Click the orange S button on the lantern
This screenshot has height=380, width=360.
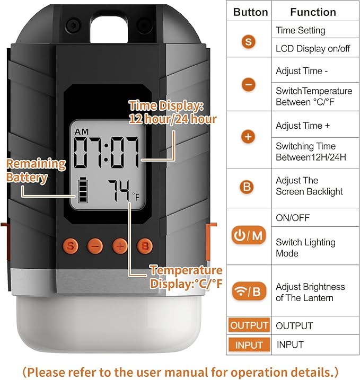click(71, 245)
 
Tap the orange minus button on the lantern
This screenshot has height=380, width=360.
click(95, 245)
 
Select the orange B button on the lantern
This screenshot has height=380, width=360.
click(144, 245)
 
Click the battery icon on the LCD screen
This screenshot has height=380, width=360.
click(84, 190)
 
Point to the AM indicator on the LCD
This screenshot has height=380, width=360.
click(82, 131)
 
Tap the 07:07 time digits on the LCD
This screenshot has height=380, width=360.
click(107, 153)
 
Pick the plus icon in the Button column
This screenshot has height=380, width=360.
click(248, 137)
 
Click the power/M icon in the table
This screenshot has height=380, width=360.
click(249, 236)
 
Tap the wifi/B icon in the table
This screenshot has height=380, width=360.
click(249, 290)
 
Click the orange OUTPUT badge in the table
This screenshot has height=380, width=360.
click(249, 325)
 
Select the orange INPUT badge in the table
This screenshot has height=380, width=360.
click(249, 344)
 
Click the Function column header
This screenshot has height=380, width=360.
click(313, 12)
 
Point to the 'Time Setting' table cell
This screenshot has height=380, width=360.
click(300, 30)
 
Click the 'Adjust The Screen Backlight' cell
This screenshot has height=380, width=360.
click(309, 186)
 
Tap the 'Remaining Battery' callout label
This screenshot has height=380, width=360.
click(36, 170)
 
